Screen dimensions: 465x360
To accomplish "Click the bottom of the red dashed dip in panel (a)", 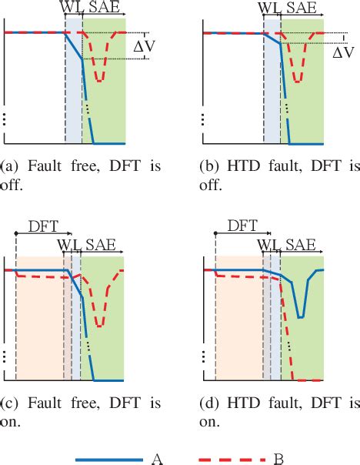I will [x=99, y=80].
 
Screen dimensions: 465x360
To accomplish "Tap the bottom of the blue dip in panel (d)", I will [x=300, y=316].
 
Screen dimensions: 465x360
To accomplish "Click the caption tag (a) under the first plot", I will [x=12, y=165].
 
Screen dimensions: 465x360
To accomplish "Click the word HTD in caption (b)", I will [x=247, y=165].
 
